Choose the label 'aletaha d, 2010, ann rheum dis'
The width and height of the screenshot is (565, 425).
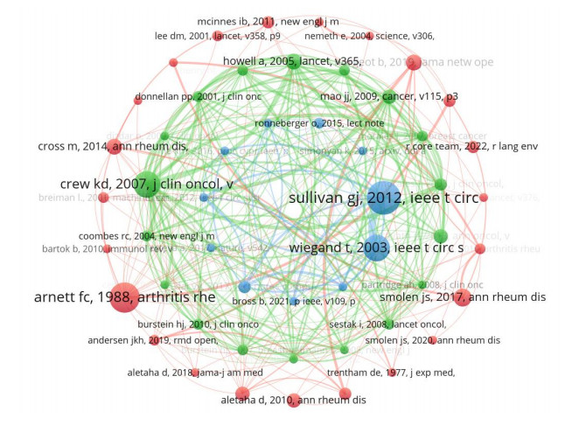tap(293, 401)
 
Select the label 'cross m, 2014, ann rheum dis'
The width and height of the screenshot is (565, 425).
tap(112, 145)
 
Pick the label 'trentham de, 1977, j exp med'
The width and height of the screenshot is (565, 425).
tap(404, 373)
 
